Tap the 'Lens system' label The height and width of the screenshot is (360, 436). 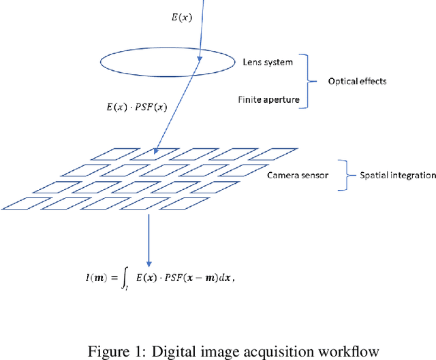(x=268, y=63)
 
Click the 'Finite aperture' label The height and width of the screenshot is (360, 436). (x=268, y=99)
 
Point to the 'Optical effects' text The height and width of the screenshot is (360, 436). (x=358, y=81)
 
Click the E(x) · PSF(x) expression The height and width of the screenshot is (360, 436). (x=137, y=108)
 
